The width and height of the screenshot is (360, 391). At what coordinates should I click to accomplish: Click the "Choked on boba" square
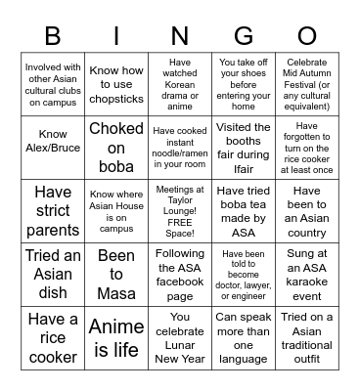coord(116,144)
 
